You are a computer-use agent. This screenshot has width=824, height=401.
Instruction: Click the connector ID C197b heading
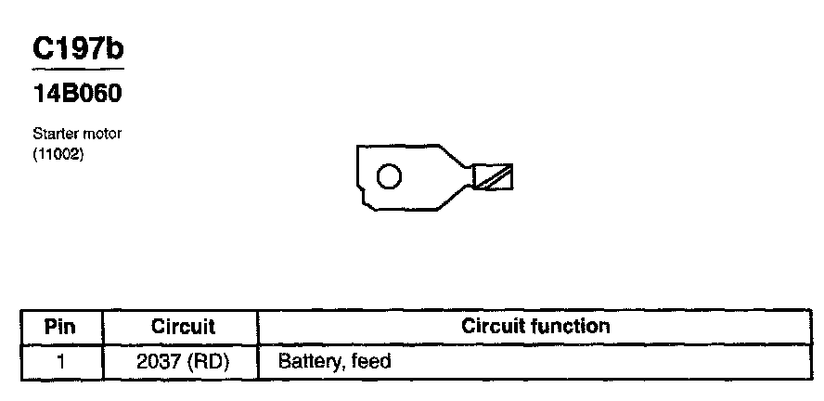(x=78, y=50)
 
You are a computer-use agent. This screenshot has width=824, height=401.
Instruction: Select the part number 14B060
(x=78, y=94)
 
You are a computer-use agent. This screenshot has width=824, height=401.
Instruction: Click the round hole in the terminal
(x=390, y=175)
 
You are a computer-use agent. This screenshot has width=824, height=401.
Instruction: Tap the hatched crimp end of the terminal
(x=494, y=176)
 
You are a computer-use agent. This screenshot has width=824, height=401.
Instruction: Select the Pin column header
(x=60, y=327)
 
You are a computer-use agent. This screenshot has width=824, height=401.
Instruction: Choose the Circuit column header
(x=183, y=327)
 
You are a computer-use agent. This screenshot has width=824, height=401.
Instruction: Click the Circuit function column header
(x=535, y=326)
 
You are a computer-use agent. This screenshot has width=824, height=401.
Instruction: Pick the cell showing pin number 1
(x=60, y=360)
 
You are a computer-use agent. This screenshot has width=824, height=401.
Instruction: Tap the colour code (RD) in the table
(x=209, y=360)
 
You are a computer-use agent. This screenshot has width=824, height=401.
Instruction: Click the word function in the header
(x=573, y=326)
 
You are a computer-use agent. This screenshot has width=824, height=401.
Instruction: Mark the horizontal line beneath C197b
(x=78, y=70)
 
